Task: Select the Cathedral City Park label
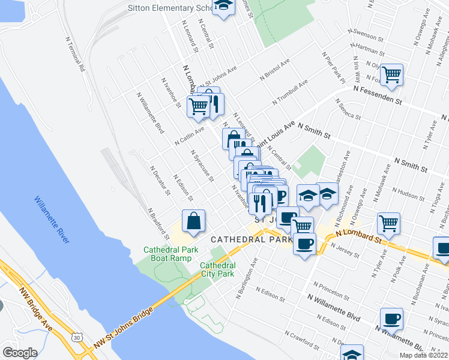[x=217, y=269]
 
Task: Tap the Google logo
[x=20, y=353]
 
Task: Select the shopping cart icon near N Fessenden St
[x=391, y=75]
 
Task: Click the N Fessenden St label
[x=378, y=94]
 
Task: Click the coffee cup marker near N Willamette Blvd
[x=391, y=318]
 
